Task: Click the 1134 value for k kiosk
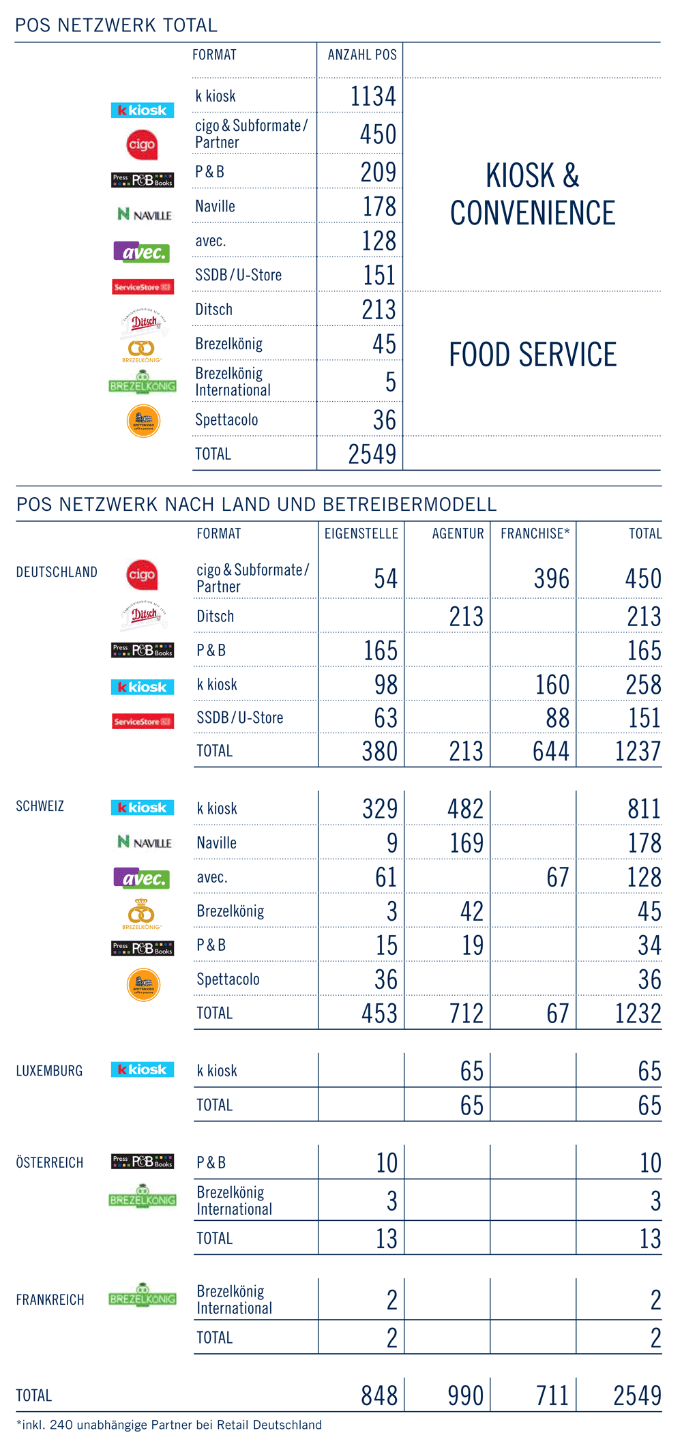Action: tap(372, 96)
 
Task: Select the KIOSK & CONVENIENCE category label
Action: tap(532, 194)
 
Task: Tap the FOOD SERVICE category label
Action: tap(532, 355)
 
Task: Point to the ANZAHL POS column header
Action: tap(361, 55)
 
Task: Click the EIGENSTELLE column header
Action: tap(361, 533)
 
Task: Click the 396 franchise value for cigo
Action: tap(551, 578)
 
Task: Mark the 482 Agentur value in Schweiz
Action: tap(465, 808)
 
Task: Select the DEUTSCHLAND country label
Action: tap(57, 572)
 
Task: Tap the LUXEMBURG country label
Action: tap(49, 1071)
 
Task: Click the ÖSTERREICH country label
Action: tap(49, 1162)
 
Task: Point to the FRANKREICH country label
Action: tap(50, 1299)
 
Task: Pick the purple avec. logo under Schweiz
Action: tap(141, 878)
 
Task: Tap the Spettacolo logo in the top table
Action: tap(143, 420)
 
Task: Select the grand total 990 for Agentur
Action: tap(465, 1395)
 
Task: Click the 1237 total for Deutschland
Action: tap(637, 751)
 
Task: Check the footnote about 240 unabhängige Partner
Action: tap(168, 1425)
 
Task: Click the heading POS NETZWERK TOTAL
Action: tap(116, 25)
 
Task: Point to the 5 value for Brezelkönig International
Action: tap(390, 381)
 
